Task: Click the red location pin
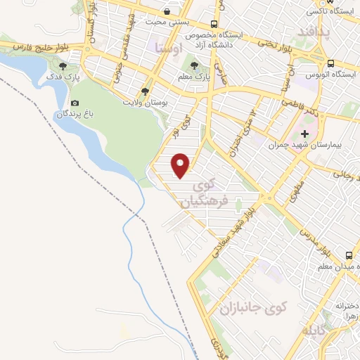[x=181, y=165]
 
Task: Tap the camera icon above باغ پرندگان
[x=75, y=103]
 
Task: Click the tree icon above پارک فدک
[x=64, y=66]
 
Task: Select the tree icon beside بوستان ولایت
[x=145, y=91]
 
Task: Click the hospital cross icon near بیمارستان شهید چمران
[x=304, y=134]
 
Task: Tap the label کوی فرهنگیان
[x=207, y=193]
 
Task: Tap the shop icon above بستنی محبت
[x=167, y=12]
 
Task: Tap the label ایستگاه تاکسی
[x=330, y=13]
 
